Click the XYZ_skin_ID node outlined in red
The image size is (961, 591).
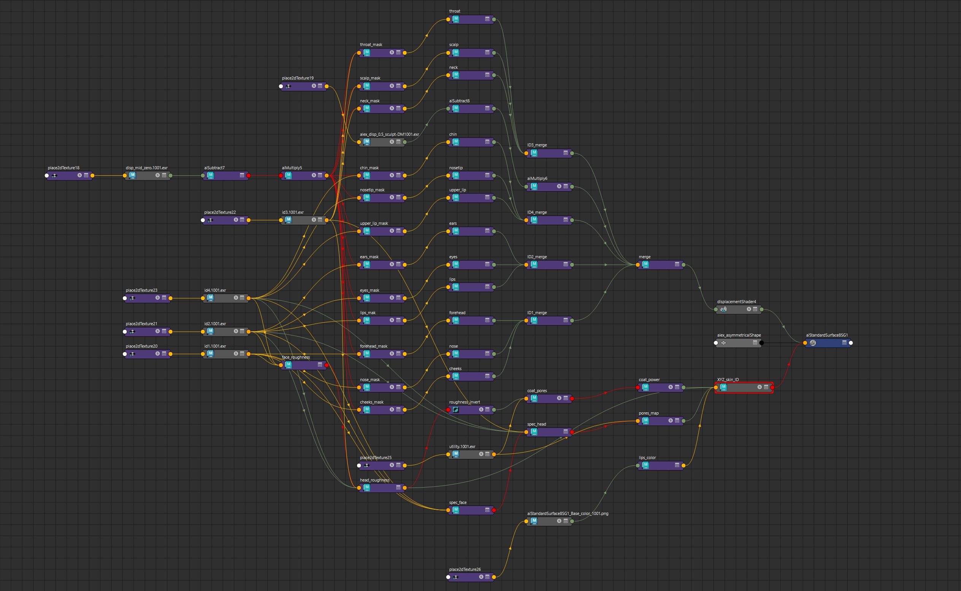744,388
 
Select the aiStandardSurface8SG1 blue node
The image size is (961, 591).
828,343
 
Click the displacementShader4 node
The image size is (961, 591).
738,309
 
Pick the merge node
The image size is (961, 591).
661,265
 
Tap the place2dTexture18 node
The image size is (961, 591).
69,175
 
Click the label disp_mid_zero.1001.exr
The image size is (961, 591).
146,168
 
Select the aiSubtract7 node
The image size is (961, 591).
226,175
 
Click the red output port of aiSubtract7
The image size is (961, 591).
249,175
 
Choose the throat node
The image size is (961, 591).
470,19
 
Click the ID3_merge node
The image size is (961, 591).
549,153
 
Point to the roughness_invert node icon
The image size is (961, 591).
456,410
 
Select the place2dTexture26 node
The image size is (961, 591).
470,577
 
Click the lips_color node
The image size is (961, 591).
661,465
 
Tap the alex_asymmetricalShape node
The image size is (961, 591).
738,343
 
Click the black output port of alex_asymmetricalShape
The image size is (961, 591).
762,343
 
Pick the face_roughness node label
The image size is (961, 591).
296,357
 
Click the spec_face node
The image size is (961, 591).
470,510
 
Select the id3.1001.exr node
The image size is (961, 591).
303,220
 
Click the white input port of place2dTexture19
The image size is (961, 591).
281,86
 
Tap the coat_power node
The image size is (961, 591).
661,388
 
